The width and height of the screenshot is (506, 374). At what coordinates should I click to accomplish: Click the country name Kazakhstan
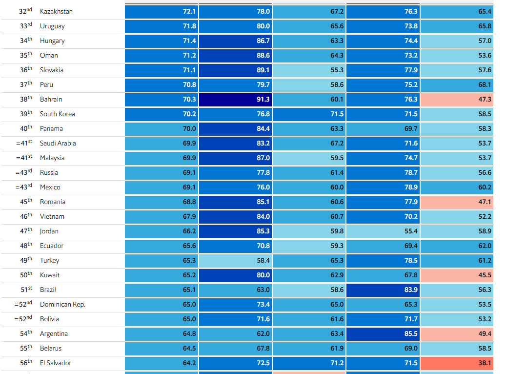coord(56,11)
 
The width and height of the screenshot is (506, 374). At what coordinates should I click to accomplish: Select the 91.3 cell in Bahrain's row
coord(235,100)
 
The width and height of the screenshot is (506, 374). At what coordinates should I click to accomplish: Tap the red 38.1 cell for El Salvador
coord(457,363)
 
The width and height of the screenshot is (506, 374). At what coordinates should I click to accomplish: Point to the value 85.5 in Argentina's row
coord(383,334)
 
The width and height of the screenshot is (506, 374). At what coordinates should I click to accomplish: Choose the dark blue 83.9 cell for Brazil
coord(383,290)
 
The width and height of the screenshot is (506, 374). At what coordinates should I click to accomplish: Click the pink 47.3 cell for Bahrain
coord(457,100)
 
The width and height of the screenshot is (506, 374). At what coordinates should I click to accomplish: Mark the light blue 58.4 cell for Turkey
coord(235,261)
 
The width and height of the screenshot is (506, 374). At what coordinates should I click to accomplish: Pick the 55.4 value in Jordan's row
coord(383,231)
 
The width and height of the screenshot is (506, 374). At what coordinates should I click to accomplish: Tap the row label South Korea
coord(57,114)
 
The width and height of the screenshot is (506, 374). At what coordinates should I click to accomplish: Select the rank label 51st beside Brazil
coord(26,290)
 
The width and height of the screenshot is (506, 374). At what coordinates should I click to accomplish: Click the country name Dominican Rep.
coord(62,304)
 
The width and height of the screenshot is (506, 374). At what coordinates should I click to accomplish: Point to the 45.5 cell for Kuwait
coord(457,275)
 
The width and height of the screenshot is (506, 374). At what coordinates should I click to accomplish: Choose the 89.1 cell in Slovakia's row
coord(235,70)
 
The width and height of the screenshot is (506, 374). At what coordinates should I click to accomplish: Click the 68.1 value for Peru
coord(457,85)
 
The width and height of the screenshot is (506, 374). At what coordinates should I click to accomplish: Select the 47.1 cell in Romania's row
coord(457,202)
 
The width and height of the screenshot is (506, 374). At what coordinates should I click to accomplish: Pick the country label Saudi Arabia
coord(58,143)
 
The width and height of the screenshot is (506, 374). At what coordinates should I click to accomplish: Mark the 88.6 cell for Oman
coord(235,56)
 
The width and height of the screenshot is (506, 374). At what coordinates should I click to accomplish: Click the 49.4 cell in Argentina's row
coord(457,334)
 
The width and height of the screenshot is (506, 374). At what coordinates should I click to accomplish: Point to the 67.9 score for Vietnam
coord(162,217)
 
